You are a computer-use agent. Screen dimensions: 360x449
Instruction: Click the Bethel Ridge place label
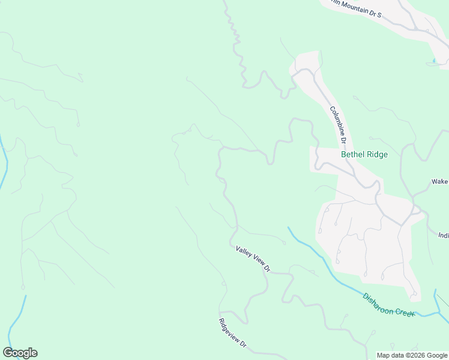[364, 154]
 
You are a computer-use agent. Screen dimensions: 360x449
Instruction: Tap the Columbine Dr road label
[339, 125]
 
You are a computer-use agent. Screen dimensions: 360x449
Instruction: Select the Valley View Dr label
[253, 259]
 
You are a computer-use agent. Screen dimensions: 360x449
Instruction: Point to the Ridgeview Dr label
[233, 333]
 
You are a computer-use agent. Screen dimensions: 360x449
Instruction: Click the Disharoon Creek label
[388, 305]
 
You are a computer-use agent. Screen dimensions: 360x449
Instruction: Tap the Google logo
[20, 353]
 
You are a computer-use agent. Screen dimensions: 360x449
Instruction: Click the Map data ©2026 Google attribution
[412, 355]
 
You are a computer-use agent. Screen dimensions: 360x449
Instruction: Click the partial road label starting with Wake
[440, 181]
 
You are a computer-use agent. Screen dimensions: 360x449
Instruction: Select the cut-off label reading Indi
[444, 235]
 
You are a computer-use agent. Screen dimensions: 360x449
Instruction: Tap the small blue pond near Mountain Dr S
[434, 61]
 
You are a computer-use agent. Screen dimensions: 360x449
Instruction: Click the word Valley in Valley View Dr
[244, 252]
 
